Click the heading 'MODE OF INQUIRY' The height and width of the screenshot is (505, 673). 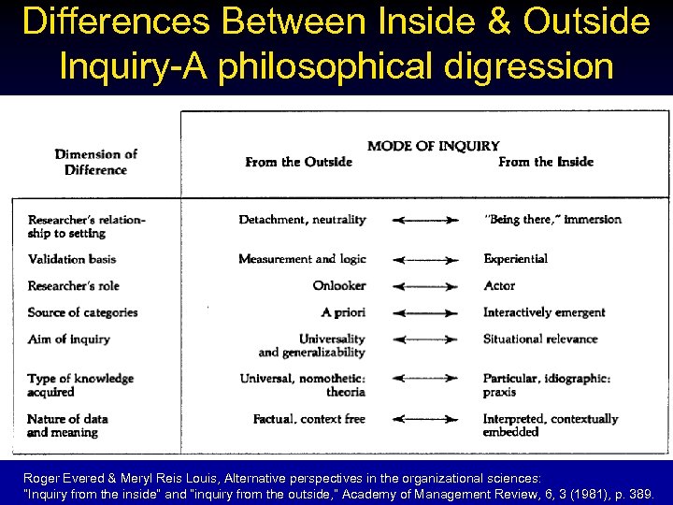(x=434, y=146)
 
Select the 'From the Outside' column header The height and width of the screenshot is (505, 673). (x=299, y=162)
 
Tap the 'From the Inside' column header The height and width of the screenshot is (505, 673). (x=546, y=162)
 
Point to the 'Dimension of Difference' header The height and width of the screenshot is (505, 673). (x=95, y=162)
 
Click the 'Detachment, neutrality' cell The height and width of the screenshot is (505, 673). (x=302, y=220)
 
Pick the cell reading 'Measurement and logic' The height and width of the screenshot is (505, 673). (x=302, y=259)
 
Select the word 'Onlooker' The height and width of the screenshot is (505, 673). (x=339, y=285)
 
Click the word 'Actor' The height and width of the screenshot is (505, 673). (x=499, y=285)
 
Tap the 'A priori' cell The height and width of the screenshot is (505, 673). (x=343, y=312)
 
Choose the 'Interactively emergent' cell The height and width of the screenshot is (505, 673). (x=544, y=312)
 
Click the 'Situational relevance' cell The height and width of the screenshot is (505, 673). (x=540, y=339)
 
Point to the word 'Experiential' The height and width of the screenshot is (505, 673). (x=515, y=259)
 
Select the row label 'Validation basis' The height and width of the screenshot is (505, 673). (x=73, y=259)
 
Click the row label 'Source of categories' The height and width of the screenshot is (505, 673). (x=83, y=312)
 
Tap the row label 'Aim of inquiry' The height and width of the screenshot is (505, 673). (x=69, y=339)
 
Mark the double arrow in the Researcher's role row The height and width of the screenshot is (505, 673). (x=425, y=286)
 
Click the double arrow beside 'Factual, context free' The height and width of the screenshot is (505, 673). (x=425, y=419)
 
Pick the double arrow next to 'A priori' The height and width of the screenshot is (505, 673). (x=425, y=313)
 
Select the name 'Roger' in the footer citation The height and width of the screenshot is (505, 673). (x=42, y=477)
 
